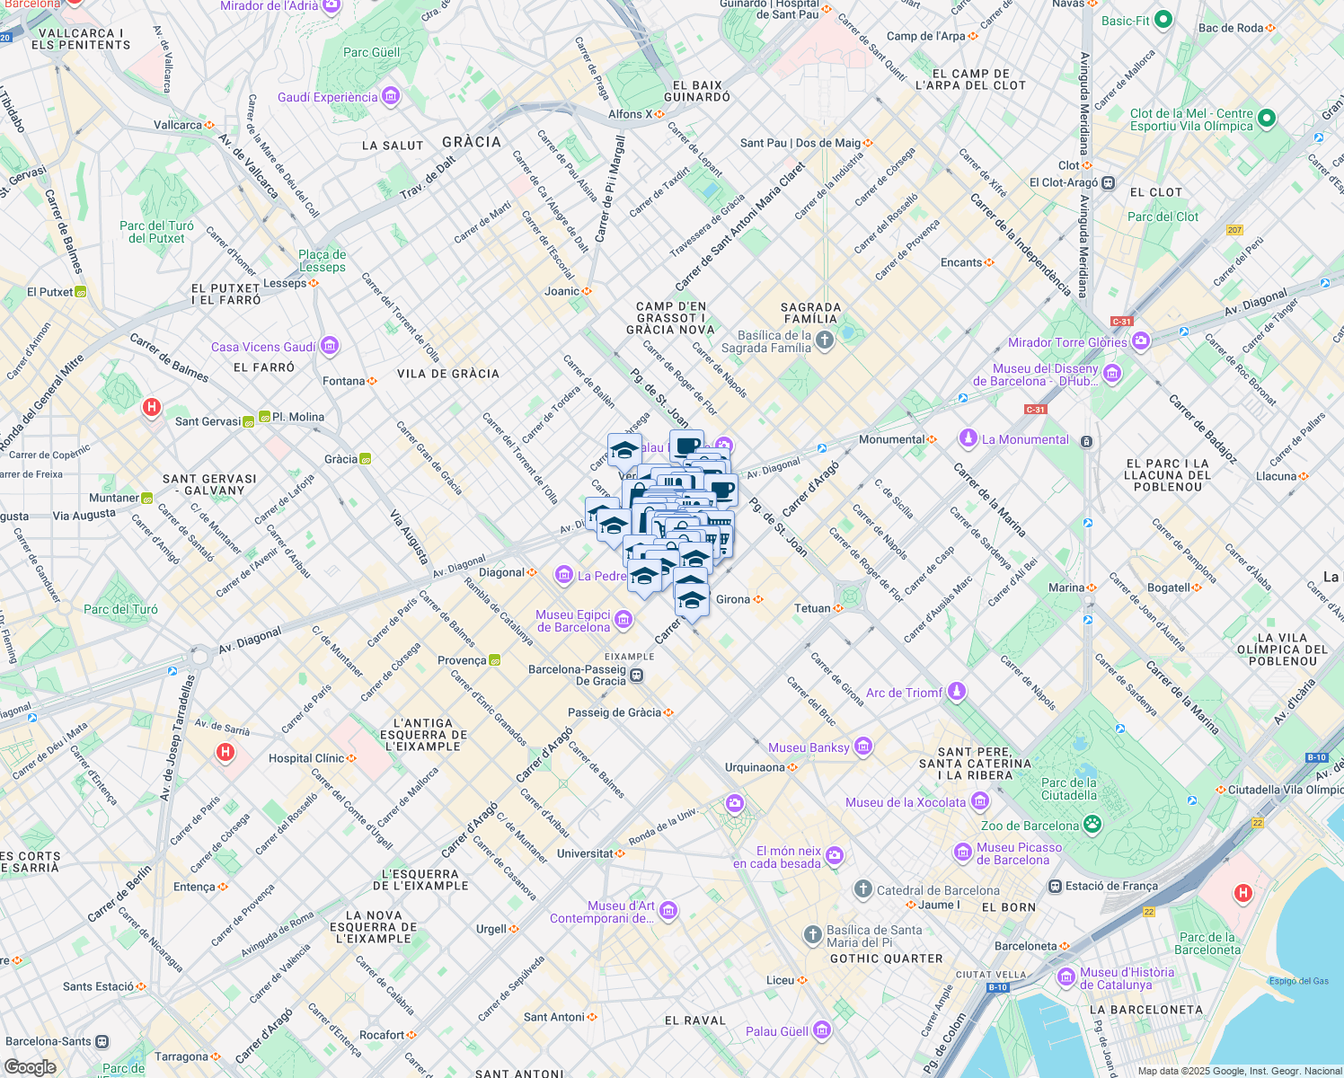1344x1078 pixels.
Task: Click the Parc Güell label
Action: coord(371,52)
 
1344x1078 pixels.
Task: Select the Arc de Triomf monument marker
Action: coord(957,691)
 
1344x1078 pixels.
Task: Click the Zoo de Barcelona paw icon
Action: coord(1092,825)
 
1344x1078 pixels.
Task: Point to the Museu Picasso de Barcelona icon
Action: coord(963,852)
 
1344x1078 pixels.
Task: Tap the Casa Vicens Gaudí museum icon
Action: coord(329,346)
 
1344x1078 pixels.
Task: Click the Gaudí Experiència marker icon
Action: coord(390,96)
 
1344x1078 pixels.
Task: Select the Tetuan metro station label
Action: coord(812,608)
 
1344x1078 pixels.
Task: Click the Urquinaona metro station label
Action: coord(755,767)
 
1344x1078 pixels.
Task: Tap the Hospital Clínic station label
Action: coord(306,758)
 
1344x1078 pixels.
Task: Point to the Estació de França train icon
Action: coord(1055,886)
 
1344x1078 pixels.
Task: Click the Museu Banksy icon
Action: coord(862,746)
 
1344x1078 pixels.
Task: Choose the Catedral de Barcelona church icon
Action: coord(862,889)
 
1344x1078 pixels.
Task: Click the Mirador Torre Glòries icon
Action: coord(1140,340)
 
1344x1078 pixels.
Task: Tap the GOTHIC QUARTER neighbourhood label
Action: coord(886,959)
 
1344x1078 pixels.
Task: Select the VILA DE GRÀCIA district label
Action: coord(448,374)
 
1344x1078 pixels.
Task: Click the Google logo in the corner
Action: coord(31,1066)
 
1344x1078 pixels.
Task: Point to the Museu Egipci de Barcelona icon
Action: coord(623,619)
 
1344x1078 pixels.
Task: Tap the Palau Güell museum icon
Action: coord(821,1030)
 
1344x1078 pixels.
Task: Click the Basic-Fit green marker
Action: coord(1163,20)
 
